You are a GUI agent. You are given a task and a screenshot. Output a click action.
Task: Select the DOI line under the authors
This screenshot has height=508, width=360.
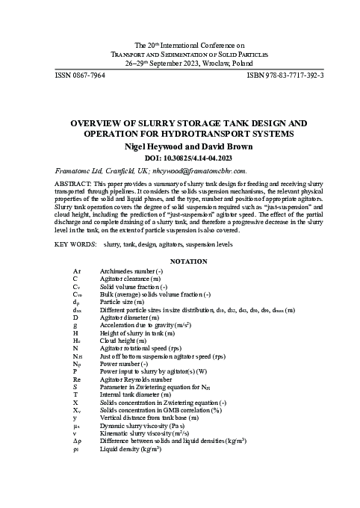[179, 158]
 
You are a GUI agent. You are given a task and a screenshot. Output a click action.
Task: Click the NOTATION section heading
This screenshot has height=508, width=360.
[179, 261]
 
